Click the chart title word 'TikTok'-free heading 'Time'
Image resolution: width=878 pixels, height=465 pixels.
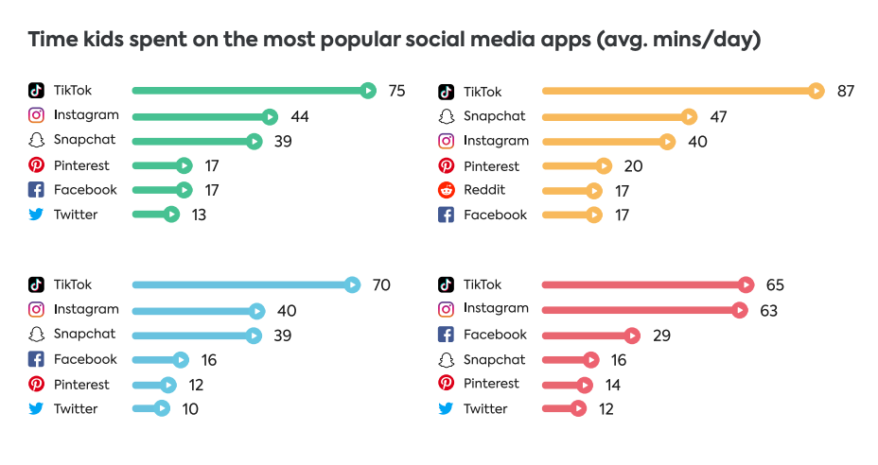pos(50,41)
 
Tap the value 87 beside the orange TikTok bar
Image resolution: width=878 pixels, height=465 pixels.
pos(845,92)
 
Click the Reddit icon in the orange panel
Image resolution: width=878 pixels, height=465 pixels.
pos(446,190)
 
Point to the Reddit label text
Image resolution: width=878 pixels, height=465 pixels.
pos(484,190)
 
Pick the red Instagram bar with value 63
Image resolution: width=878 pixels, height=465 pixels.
pos(643,310)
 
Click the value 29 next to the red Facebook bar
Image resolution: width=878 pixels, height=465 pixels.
pos(662,336)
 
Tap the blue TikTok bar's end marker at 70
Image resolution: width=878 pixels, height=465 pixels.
pos(352,284)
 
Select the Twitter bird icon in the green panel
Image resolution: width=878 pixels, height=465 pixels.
pos(36,215)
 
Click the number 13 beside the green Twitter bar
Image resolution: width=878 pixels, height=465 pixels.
pos(198,215)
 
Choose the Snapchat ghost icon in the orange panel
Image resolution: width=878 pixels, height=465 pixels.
pos(446,116)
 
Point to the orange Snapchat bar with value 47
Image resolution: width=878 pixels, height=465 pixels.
pos(615,116)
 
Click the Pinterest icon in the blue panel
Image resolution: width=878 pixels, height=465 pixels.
pos(36,385)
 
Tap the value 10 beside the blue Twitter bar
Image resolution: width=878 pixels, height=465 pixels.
pos(189,409)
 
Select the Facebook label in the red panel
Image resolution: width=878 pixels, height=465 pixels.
pos(495,335)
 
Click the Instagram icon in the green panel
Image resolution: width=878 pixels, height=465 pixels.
pos(36,115)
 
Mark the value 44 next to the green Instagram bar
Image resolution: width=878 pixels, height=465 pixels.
pos(300,116)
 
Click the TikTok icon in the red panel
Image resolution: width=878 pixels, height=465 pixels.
pos(446,284)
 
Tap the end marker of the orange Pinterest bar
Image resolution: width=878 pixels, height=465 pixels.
pos(604,166)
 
